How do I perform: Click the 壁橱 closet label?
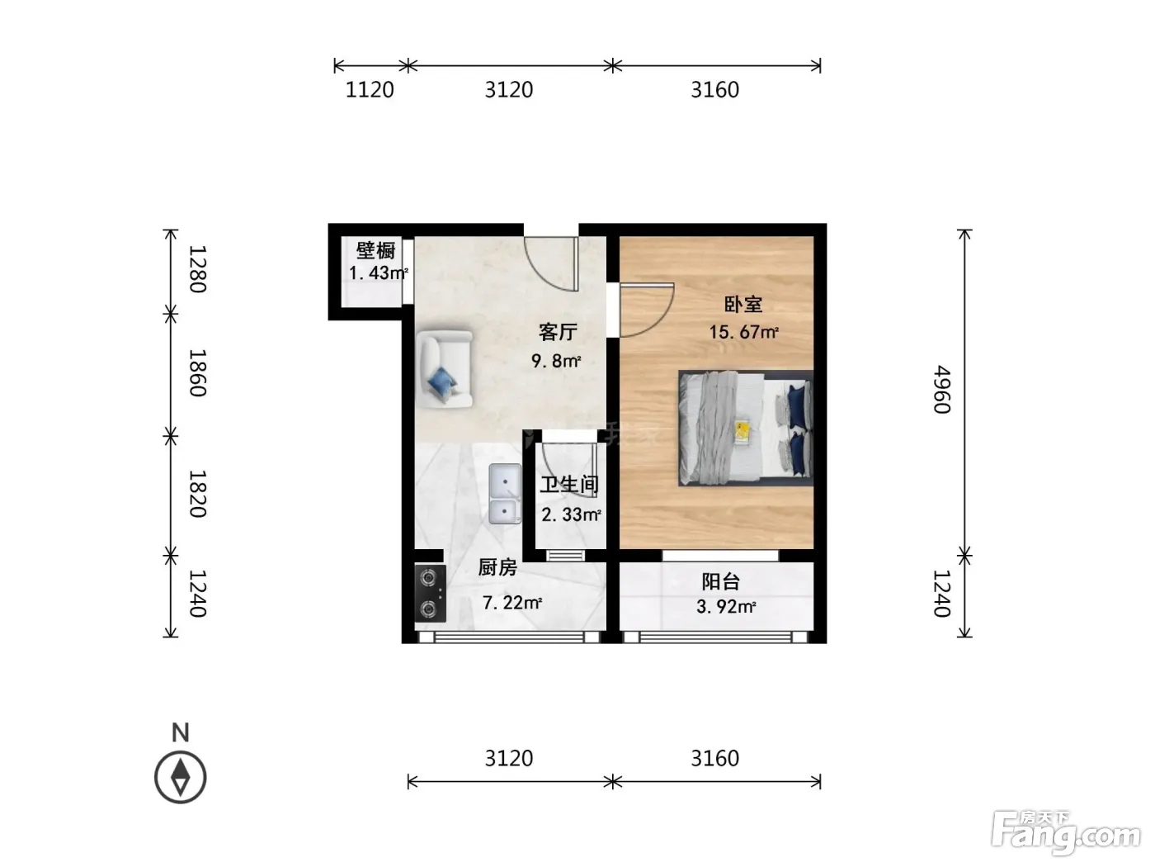coord(375,250)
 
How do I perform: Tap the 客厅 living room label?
coord(558,332)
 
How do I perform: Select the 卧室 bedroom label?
coord(743,304)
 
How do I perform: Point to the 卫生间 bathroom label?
coord(569,485)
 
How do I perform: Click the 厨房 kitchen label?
coord(497,567)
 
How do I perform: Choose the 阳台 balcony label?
coord(721,581)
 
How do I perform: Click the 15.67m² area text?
coord(743,332)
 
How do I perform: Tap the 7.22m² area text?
coord(512,602)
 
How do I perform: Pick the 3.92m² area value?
coord(726,606)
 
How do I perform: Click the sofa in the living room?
coord(444,368)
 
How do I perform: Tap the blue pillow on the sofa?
coord(442,380)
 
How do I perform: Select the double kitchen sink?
coord(505,494)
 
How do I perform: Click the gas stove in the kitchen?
coord(430,593)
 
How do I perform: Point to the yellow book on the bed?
coord(743,432)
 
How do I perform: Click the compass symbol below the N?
coord(181,777)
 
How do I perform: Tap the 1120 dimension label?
coord(370,90)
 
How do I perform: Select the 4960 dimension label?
coord(942,390)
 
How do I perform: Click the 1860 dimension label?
coord(197,372)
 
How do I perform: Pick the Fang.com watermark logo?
coord(1066,833)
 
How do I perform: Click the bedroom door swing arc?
coord(658,320)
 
